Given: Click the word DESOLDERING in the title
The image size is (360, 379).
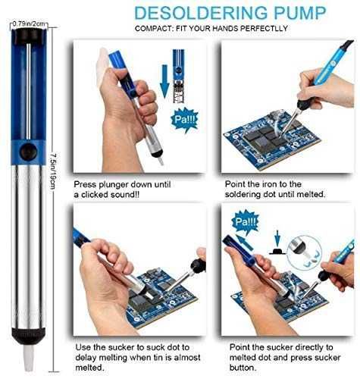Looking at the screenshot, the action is (x=201, y=13).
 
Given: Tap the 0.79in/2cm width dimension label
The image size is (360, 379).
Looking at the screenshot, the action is (x=29, y=23).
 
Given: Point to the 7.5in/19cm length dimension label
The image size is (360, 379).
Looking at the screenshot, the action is (x=52, y=171).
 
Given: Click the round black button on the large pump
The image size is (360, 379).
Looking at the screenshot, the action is (x=29, y=152).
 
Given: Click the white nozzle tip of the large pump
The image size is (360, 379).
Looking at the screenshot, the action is (x=29, y=358).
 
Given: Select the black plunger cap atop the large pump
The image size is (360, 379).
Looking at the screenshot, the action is (x=29, y=36).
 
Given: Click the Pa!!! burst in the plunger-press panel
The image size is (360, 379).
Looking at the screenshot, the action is (x=185, y=120).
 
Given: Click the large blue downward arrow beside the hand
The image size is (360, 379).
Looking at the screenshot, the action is (x=164, y=81).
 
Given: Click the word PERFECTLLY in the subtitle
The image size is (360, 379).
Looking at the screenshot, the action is (x=264, y=28).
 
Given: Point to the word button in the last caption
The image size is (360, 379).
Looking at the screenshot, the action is (x=243, y=368).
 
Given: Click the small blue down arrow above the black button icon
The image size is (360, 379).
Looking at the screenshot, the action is (x=277, y=238).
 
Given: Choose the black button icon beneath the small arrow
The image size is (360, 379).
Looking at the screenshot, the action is (x=277, y=251).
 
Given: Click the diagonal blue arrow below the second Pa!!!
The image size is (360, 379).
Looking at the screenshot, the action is (x=244, y=242).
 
